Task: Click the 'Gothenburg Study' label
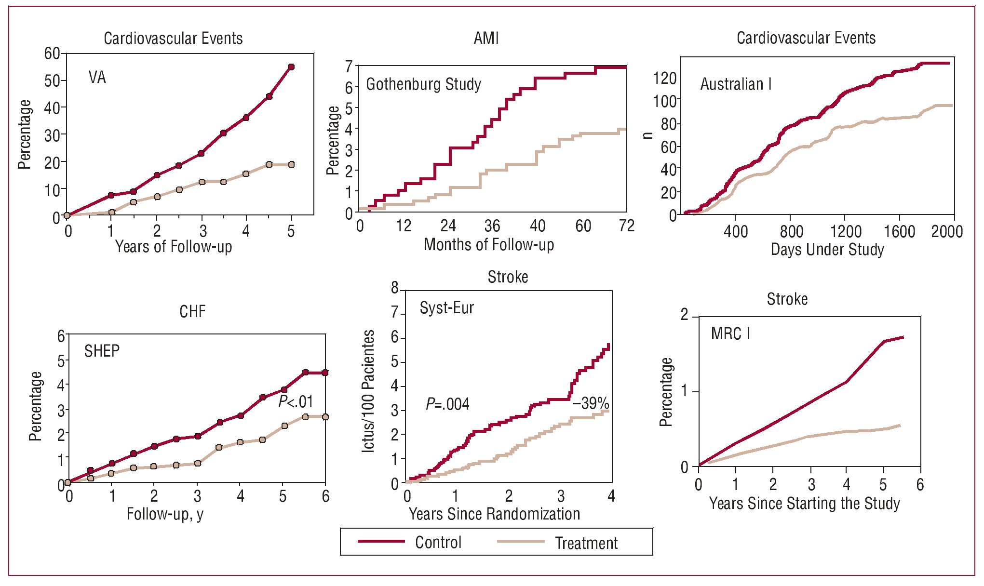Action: point(423,84)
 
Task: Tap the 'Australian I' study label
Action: point(736,84)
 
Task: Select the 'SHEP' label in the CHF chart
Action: point(102,351)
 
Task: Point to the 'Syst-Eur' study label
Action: point(446,308)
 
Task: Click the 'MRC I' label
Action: point(730,333)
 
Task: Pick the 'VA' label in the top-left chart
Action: point(97,78)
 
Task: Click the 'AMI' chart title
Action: point(486,38)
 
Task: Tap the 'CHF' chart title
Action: point(192,312)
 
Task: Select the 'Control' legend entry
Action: point(438,543)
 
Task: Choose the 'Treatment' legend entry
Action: point(586,543)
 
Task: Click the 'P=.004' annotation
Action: point(447,404)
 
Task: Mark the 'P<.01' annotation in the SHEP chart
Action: point(296,401)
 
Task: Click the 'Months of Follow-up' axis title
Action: point(488,245)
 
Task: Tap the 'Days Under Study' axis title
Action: point(827,250)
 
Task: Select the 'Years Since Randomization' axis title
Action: point(494,514)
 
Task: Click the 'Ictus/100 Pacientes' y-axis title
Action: point(368,391)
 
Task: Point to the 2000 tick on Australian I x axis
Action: point(946,232)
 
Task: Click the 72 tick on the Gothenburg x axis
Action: point(626,226)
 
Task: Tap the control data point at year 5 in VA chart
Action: point(291,67)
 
